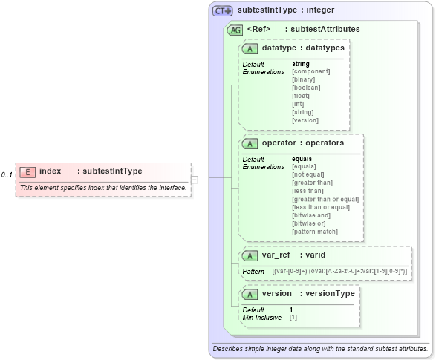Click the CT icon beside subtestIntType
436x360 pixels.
click(223, 11)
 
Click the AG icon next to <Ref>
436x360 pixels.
click(235, 30)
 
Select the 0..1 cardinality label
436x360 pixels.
click(7, 174)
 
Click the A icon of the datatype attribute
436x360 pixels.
click(251, 48)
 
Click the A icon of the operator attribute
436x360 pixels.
click(251, 143)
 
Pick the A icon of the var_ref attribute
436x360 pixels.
click(251, 255)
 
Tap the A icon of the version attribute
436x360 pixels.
click(251, 293)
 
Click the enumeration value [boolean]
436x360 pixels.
click(306, 88)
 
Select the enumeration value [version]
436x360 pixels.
click(305, 120)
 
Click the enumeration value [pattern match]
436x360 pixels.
click(315, 232)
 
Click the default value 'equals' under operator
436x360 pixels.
click(302, 159)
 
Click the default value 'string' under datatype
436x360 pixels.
click(301, 64)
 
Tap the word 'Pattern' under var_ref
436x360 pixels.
click(253, 272)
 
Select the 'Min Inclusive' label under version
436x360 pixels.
click(261, 317)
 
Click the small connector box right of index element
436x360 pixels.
click(194, 178)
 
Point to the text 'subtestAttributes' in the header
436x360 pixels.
click(325, 30)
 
